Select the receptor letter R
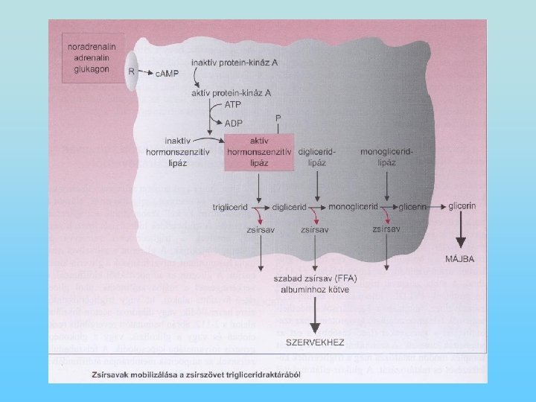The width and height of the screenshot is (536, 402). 131,71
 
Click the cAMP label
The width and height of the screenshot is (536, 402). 167,72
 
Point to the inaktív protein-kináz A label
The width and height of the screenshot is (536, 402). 234,63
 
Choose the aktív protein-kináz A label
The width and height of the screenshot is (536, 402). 232,92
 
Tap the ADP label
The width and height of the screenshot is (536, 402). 234,123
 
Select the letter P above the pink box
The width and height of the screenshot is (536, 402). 278,118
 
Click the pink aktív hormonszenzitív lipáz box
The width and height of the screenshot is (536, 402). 255,152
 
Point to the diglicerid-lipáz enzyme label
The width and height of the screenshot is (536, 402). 317,156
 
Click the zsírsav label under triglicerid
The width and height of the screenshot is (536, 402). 261,231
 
